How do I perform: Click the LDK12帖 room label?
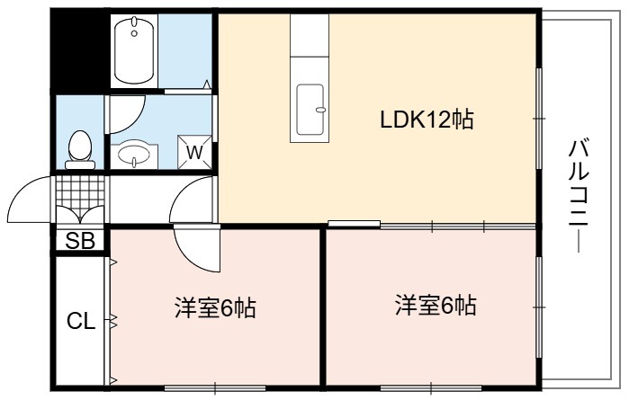pyautogui.click(x=427, y=120)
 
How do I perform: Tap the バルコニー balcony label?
pyautogui.click(x=579, y=195)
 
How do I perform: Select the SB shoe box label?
pyautogui.click(x=80, y=241)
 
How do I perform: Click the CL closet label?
pyautogui.click(x=81, y=321)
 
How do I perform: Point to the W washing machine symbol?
pyautogui.click(x=194, y=152)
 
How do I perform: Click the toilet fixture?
pyautogui.click(x=80, y=149)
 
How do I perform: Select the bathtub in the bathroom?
pyautogui.click(x=134, y=50)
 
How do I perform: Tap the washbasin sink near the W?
pyautogui.click(x=134, y=155)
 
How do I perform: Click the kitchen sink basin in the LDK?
pyautogui.click(x=310, y=109)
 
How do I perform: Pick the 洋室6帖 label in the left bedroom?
pyautogui.click(x=215, y=307)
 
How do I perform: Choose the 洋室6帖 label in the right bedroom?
pyautogui.click(x=436, y=305)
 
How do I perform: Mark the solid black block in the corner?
pyautogui.click(x=80, y=51)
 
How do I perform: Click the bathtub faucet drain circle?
pyautogui.click(x=134, y=33)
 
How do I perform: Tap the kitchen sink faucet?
pyautogui.click(x=320, y=110)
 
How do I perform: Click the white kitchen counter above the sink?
pyautogui.click(x=310, y=35)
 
